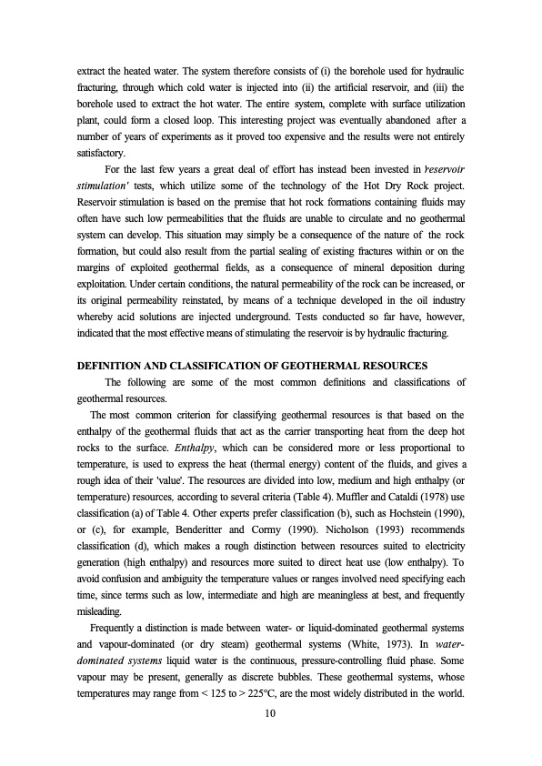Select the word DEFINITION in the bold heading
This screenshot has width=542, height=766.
113,365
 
